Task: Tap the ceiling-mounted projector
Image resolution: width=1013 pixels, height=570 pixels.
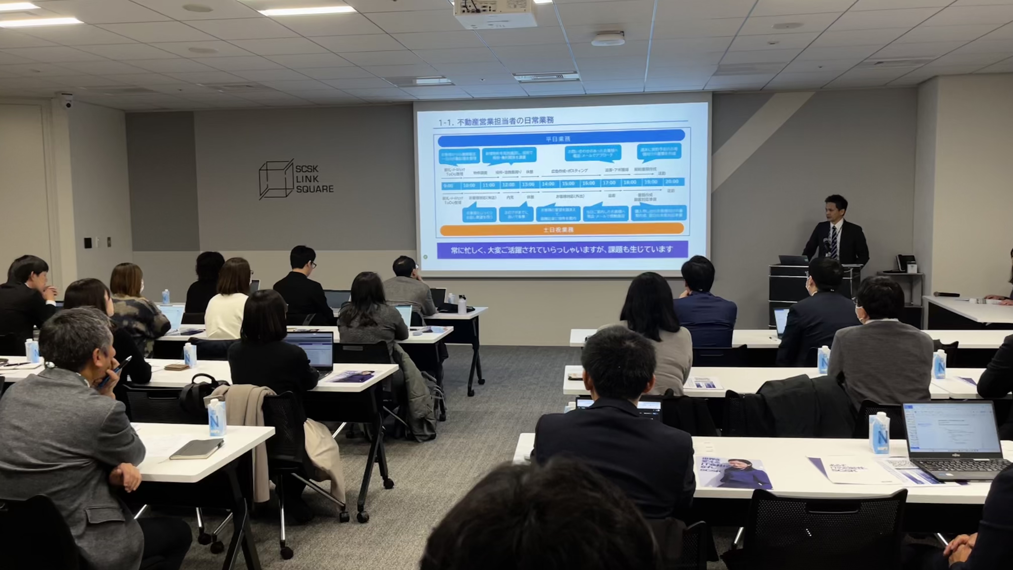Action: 495,14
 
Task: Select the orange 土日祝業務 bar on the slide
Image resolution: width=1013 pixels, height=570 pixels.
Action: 562,229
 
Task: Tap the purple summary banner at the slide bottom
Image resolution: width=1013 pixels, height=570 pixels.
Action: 562,249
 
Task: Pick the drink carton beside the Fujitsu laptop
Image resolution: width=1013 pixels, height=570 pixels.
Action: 879,433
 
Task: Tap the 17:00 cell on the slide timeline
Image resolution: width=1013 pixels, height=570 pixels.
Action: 609,183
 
